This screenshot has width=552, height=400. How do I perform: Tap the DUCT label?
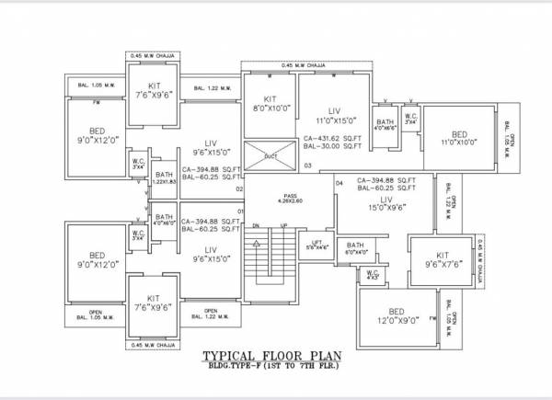[270, 156]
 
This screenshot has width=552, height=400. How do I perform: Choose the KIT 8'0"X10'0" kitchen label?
[270, 103]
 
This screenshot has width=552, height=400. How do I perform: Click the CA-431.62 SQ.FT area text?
[332, 138]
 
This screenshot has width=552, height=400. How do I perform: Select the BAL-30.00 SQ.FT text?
[331, 147]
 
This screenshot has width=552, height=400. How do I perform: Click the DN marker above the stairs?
[257, 225]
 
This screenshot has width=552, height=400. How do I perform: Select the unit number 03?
[308, 166]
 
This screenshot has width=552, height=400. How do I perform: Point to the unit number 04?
[339, 184]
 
